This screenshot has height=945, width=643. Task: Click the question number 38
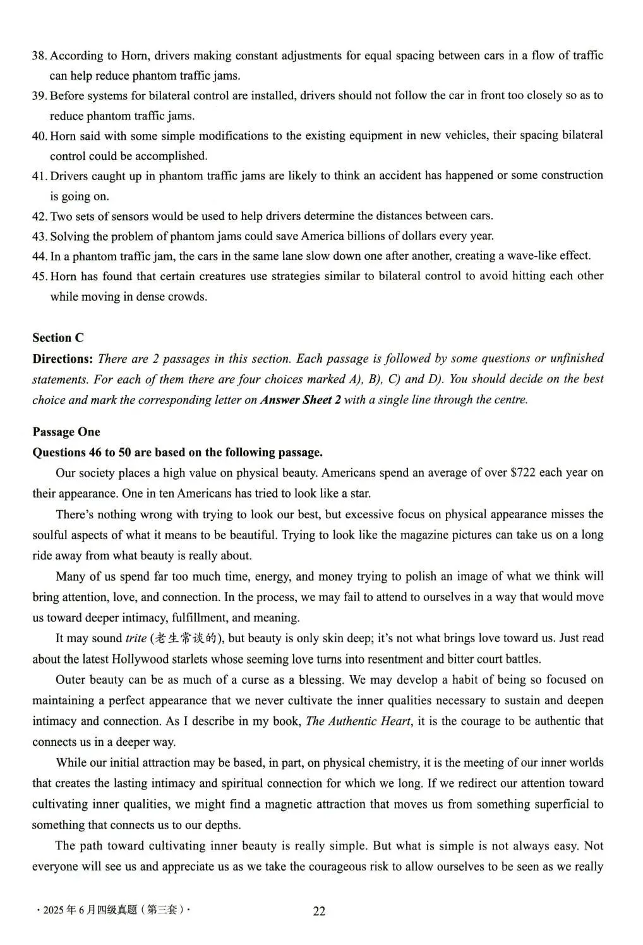click(x=39, y=56)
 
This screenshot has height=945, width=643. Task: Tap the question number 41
click(x=39, y=176)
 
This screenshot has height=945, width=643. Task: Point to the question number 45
click(x=39, y=276)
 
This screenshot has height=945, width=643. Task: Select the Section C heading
click(x=58, y=338)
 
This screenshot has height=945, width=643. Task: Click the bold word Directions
click(x=63, y=358)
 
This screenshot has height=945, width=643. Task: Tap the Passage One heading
click(x=66, y=432)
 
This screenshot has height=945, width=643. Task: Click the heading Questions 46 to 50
click(x=177, y=452)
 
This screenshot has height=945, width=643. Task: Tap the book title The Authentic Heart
click(x=358, y=721)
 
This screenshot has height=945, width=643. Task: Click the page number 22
click(x=320, y=911)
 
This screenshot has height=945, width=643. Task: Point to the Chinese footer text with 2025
click(x=113, y=910)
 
